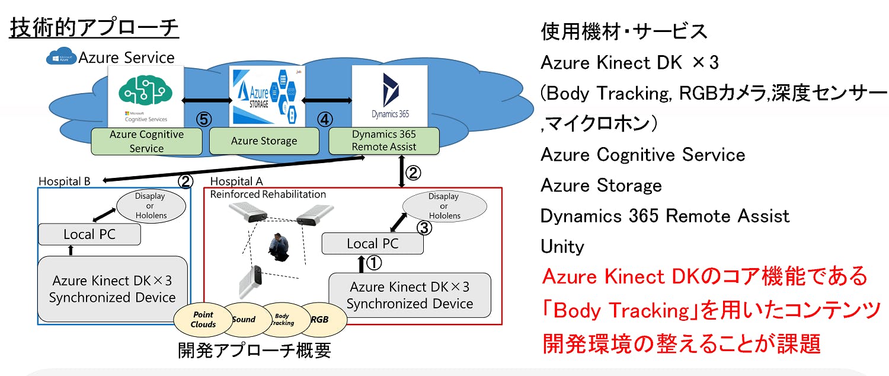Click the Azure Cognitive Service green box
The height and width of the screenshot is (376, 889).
[x=146, y=141]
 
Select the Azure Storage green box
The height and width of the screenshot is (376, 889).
[x=264, y=141]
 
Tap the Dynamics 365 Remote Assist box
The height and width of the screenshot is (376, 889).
[x=383, y=141]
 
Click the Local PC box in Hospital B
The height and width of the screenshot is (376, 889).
[x=89, y=234]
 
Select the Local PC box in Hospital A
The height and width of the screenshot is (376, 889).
[x=372, y=243]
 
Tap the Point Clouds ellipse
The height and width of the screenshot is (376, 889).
[x=203, y=320]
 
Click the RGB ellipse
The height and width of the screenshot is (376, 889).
[x=321, y=319]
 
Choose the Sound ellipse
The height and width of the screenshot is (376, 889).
[x=244, y=319]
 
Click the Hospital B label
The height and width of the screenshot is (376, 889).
[x=64, y=181]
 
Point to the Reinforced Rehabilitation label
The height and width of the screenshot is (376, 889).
[x=268, y=194]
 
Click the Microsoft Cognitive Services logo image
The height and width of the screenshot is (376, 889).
[x=145, y=95]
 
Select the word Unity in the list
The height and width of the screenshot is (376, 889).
[x=562, y=246]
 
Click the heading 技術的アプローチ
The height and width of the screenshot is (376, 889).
[x=94, y=28]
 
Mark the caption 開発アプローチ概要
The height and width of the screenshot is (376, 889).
[x=254, y=350]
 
